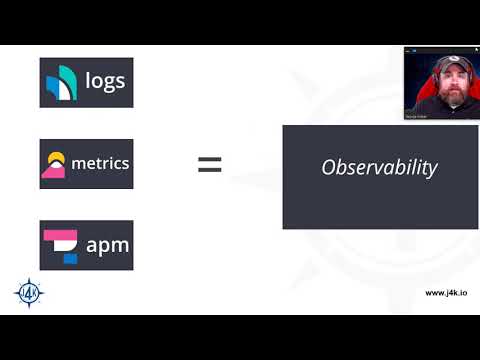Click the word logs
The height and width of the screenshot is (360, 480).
pos(106,81)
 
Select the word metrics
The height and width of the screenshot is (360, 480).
pos(100,163)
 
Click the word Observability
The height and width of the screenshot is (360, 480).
pos(379,167)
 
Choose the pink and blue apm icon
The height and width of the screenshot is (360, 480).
pos(61,245)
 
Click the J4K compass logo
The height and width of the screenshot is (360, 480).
pos(28,292)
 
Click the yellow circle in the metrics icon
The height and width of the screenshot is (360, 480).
pos(56,158)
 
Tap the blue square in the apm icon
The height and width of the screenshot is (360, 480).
pos(70,257)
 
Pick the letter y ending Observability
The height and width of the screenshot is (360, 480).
pos(432,169)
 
